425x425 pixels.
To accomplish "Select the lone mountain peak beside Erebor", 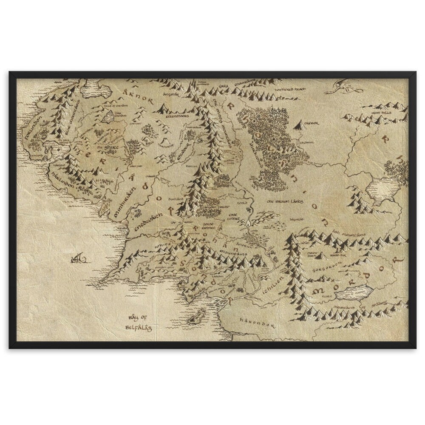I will pos(300,124).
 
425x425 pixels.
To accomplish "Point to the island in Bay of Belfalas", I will pos(196,317).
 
